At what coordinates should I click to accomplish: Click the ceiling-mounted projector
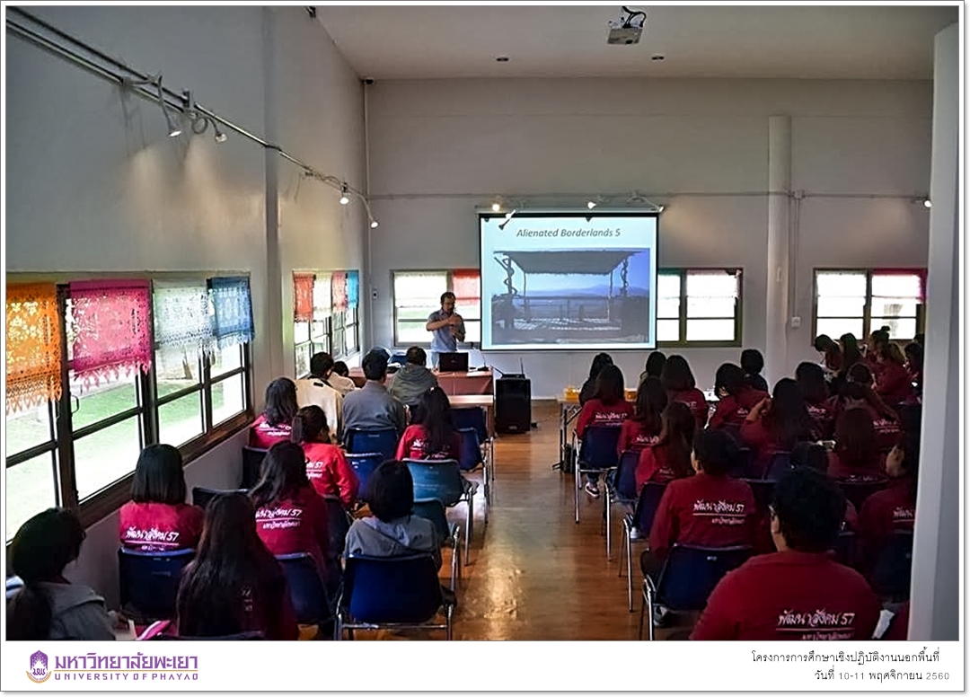tap(626, 29)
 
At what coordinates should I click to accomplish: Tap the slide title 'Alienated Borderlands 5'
tap(568, 233)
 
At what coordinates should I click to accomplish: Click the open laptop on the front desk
tap(454, 362)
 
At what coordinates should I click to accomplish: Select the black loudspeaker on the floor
tap(513, 404)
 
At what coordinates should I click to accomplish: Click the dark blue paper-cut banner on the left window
tap(231, 310)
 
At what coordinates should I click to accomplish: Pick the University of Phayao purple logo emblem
tap(39, 666)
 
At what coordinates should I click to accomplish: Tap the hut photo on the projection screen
tap(569, 292)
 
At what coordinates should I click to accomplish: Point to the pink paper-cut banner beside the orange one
tap(110, 328)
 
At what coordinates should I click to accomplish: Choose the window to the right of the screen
tap(698, 305)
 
